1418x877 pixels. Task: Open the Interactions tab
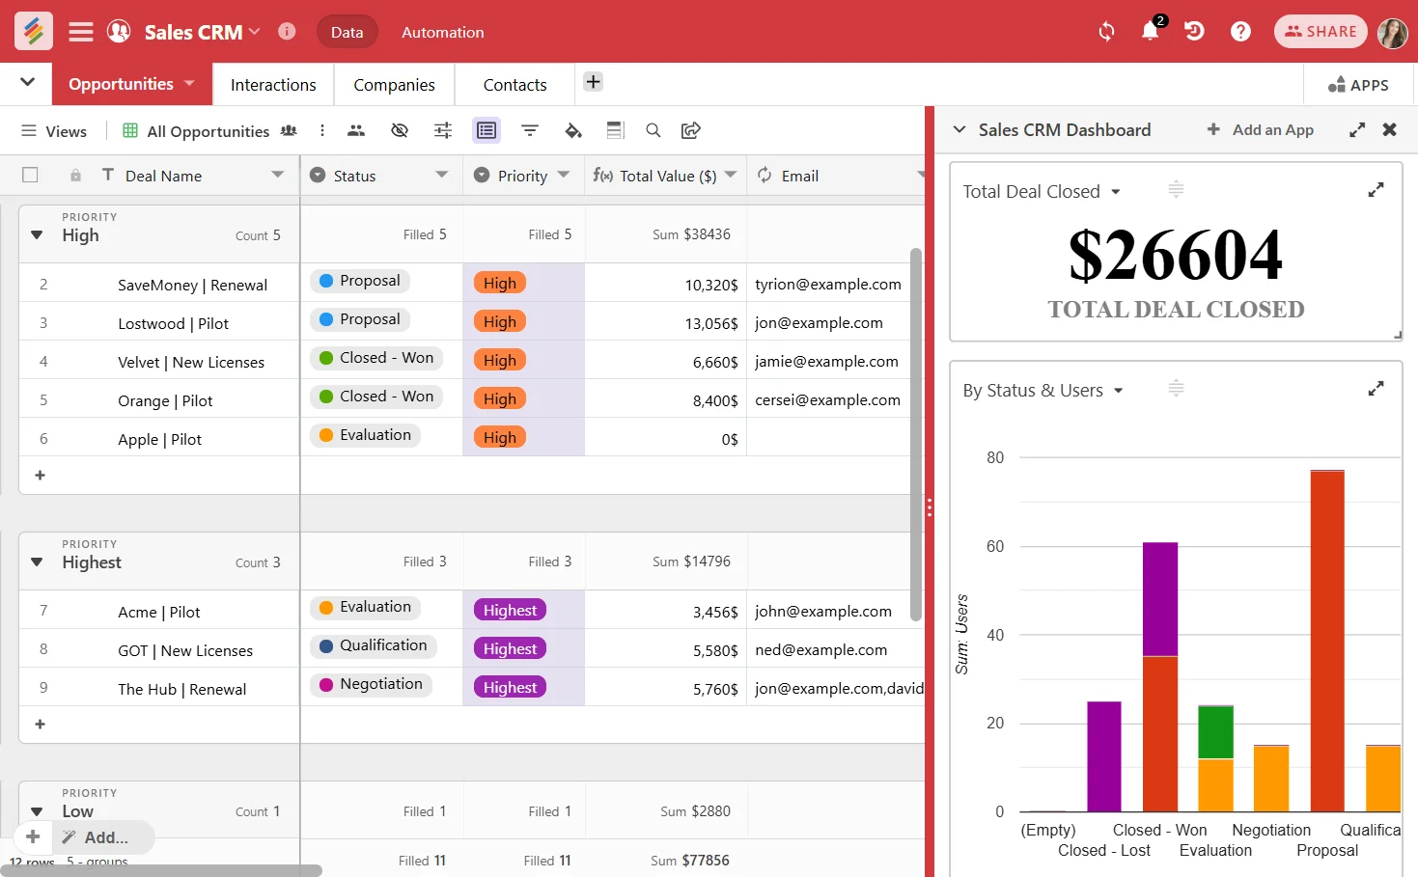[273, 85]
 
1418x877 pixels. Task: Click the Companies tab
[394, 85]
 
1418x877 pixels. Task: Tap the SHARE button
[1321, 32]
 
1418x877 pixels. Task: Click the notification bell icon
[1150, 32]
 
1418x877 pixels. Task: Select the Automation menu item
[442, 32]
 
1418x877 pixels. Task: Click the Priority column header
[522, 176]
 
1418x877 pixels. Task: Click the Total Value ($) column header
[667, 176]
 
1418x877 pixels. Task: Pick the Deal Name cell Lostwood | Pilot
[173, 323]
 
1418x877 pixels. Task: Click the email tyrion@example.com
[827, 284]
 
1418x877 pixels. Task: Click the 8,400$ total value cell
[714, 400]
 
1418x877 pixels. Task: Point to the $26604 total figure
[1175, 256]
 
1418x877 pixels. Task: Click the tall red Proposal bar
[1326, 641]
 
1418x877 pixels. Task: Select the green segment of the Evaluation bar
[1215, 733]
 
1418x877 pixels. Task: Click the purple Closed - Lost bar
[1103, 756]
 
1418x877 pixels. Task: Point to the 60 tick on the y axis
[995, 546]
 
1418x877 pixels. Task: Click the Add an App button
[1261, 129]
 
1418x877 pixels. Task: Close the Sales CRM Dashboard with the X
[1389, 129]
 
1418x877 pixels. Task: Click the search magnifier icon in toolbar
[653, 130]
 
